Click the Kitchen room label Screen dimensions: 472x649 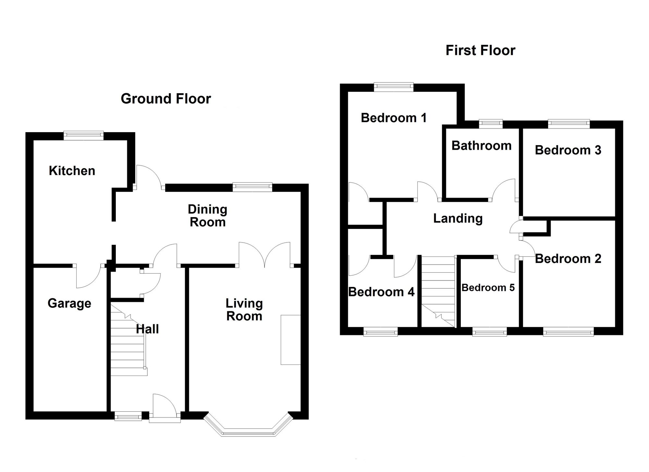click(72, 171)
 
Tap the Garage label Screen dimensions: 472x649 click(69, 303)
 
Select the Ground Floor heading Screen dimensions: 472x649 click(166, 98)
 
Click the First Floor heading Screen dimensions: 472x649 click(480, 50)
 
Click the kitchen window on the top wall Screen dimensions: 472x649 click(83, 135)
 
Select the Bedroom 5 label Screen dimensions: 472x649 click(488, 288)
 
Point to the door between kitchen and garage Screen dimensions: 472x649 click(88, 276)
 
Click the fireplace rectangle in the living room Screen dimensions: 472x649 click(291, 340)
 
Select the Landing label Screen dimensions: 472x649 click(458, 218)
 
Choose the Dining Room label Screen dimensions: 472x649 click(208, 216)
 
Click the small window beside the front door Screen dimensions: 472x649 click(128, 416)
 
